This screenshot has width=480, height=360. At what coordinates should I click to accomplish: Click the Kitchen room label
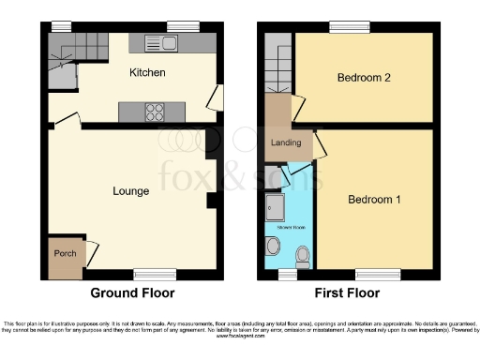point(148,72)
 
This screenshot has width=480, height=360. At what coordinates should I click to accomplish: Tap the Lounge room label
point(131,191)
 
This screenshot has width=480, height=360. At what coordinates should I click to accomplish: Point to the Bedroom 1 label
point(375,200)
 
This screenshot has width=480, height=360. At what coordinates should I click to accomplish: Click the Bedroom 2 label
point(364,78)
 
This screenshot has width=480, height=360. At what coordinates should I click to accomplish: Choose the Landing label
point(285,142)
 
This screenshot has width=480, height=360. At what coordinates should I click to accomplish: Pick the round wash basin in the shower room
point(274,246)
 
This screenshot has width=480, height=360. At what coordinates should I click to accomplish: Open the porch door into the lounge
point(90,251)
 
